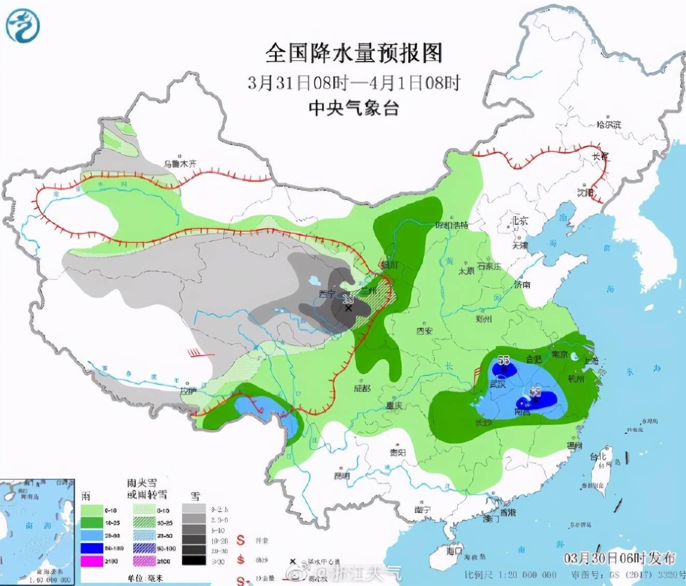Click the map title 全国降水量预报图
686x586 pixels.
click(x=354, y=53)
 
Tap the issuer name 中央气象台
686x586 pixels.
click(x=354, y=108)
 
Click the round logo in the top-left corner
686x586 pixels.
click(x=22, y=24)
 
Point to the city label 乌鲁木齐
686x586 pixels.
click(x=180, y=164)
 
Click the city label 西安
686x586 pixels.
click(x=424, y=330)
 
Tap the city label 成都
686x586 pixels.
click(x=362, y=388)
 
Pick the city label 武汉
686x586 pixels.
click(x=497, y=384)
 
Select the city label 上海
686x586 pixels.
click(x=591, y=360)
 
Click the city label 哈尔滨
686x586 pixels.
click(x=608, y=125)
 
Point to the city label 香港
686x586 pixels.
click(x=507, y=512)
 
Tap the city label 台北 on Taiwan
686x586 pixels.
click(x=598, y=457)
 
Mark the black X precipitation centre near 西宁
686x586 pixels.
click(x=349, y=308)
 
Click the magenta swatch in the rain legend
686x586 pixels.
click(x=92, y=561)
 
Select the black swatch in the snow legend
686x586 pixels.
click(x=194, y=561)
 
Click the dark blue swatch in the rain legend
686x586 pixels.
click(x=92, y=548)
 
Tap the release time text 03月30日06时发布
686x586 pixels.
click(x=620, y=558)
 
